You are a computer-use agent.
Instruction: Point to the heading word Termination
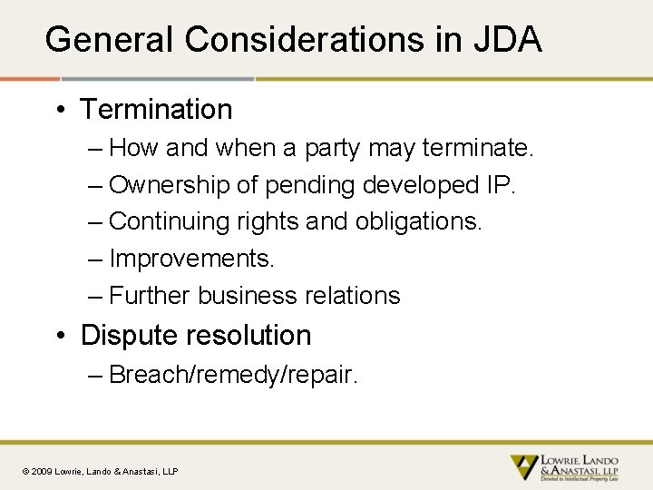click(x=156, y=110)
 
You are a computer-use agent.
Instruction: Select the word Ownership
click(x=169, y=185)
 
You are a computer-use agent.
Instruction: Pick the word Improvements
click(x=191, y=259)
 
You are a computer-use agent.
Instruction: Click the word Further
click(x=150, y=296)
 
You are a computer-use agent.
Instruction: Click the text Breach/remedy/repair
click(x=233, y=375)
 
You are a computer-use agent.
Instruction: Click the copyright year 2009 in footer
click(x=43, y=471)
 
